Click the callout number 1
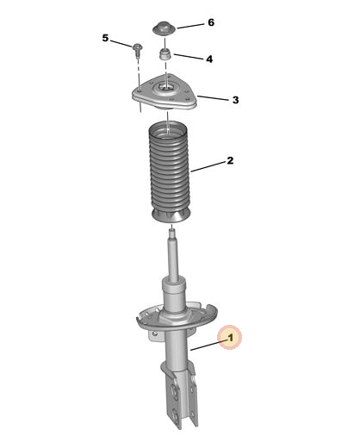point(231,338)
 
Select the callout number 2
point(230,160)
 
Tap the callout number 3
point(235,100)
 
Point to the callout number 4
point(209,59)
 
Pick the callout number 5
point(105,38)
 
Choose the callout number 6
point(211,22)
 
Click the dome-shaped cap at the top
point(164,28)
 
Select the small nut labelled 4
point(165,54)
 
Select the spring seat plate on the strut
point(177,317)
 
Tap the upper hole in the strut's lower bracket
point(174,390)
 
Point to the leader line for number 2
point(208,166)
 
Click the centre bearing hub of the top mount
point(165,88)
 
